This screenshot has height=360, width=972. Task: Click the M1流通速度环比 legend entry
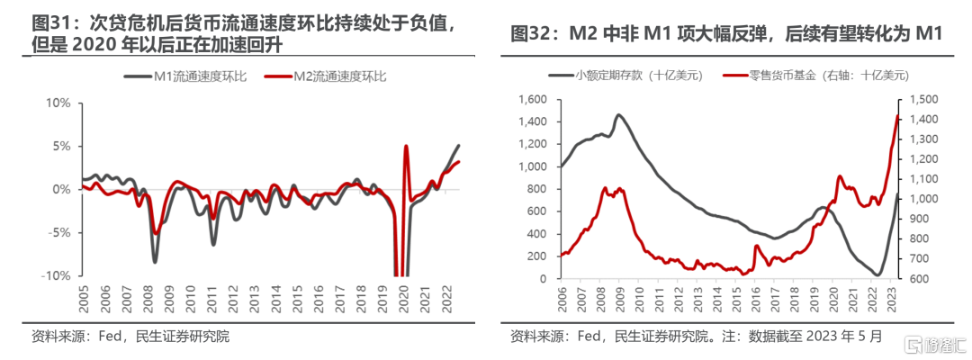(186, 77)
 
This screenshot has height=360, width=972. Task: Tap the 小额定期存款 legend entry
(626, 76)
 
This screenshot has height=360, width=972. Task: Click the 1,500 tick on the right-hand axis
(922, 100)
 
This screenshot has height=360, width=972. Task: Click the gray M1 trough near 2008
(155, 262)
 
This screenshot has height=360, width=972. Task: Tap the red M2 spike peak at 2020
(406, 146)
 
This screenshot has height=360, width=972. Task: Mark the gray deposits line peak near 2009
(618, 114)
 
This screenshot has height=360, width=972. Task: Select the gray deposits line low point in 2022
(877, 274)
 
